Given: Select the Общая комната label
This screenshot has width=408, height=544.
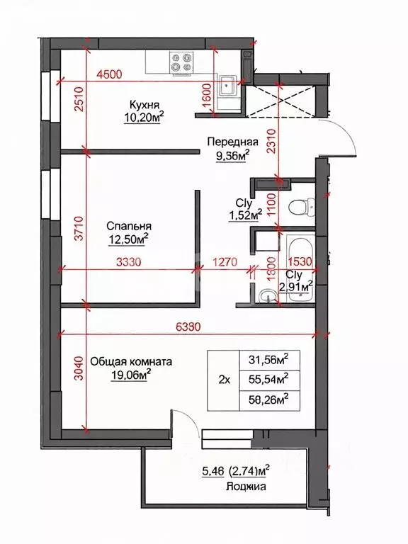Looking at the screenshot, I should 142,361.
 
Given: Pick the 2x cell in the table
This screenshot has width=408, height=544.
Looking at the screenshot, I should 225,380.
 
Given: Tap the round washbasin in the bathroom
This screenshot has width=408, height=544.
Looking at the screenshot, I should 268,296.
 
